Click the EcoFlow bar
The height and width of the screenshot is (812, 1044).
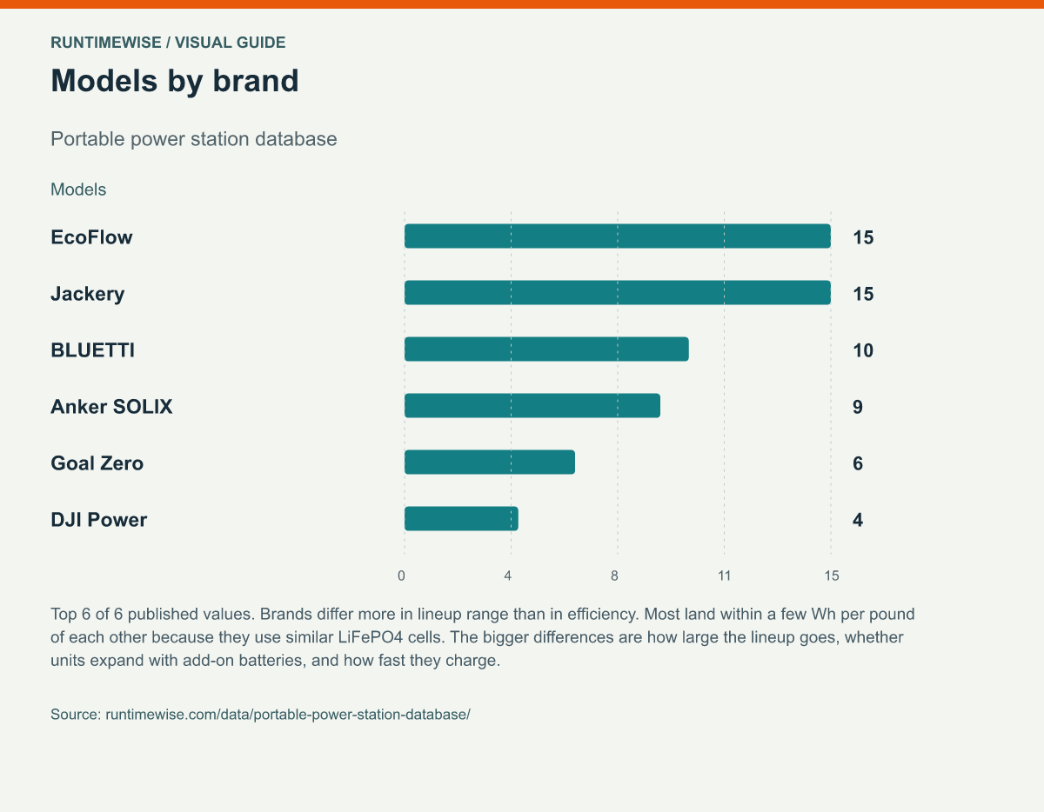tap(618, 236)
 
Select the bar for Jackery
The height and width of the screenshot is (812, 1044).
tap(618, 293)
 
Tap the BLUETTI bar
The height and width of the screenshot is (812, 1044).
tap(546, 349)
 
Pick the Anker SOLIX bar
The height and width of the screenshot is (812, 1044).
tap(532, 405)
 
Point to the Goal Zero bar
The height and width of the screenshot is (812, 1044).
tap(490, 463)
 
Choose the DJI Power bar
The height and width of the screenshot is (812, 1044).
tap(461, 519)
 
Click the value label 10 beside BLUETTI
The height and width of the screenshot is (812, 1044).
tap(863, 350)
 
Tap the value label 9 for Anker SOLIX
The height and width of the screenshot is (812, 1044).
tap(858, 407)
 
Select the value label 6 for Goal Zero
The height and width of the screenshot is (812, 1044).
tap(858, 463)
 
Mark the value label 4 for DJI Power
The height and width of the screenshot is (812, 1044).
tap(858, 520)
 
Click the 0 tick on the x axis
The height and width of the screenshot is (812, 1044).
tap(401, 576)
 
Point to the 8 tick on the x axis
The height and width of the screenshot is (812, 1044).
tap(614, 576)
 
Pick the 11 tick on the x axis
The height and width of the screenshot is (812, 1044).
tap(724, 576)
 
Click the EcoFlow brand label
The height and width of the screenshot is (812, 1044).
tap(91, 237)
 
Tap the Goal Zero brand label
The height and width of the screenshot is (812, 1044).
tap(97, 463)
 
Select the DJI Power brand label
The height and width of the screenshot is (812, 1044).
tap(99, 520)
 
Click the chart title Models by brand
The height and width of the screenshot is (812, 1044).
tap(175, 81)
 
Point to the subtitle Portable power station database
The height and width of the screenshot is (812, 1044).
tap(194, 139)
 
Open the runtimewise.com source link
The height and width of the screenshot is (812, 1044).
tap(288, 715)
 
